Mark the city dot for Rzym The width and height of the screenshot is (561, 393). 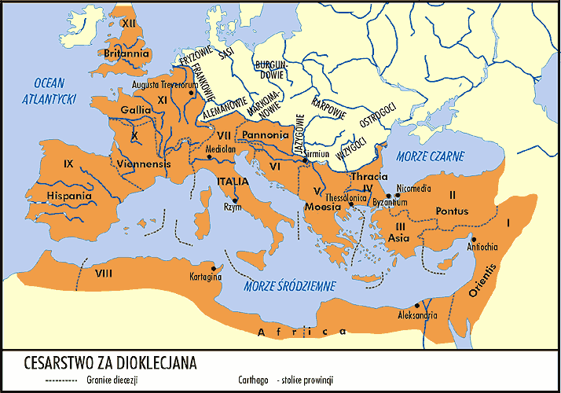click(x=235, y=201)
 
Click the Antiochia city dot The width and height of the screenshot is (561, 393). click(x=474, y=239)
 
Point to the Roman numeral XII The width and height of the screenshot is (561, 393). click(x=130, y=24)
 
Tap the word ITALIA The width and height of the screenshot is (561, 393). click(x=233, y=182)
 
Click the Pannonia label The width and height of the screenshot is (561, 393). click(x=266, y=135)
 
